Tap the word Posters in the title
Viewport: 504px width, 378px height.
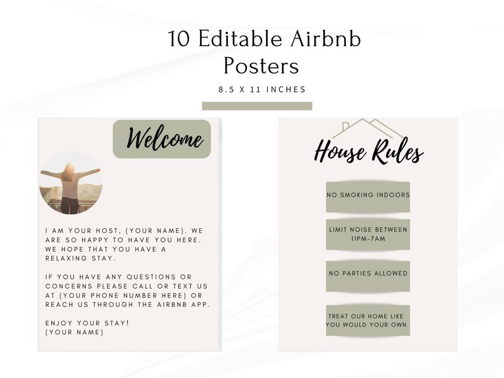pos(261,66)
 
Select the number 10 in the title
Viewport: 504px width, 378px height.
pos(180,39)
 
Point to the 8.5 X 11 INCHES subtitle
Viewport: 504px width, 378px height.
pos(262,89)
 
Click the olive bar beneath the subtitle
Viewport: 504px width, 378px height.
pos(257,106)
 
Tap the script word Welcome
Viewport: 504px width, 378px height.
pos(165,138)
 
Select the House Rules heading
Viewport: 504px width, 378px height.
pos(369,153)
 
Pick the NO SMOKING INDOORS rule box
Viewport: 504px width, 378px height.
pos(368,194)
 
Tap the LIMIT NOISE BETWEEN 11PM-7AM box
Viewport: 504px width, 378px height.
pos(368,234)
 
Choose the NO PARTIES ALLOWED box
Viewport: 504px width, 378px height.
pos(368,273)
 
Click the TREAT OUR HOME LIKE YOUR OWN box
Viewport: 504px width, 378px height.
pos(368,320)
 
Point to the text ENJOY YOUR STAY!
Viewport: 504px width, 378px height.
pos(87,323)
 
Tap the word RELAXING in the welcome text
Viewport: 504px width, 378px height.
pos(67,258)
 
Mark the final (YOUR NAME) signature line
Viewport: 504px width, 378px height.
pos(74,332)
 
